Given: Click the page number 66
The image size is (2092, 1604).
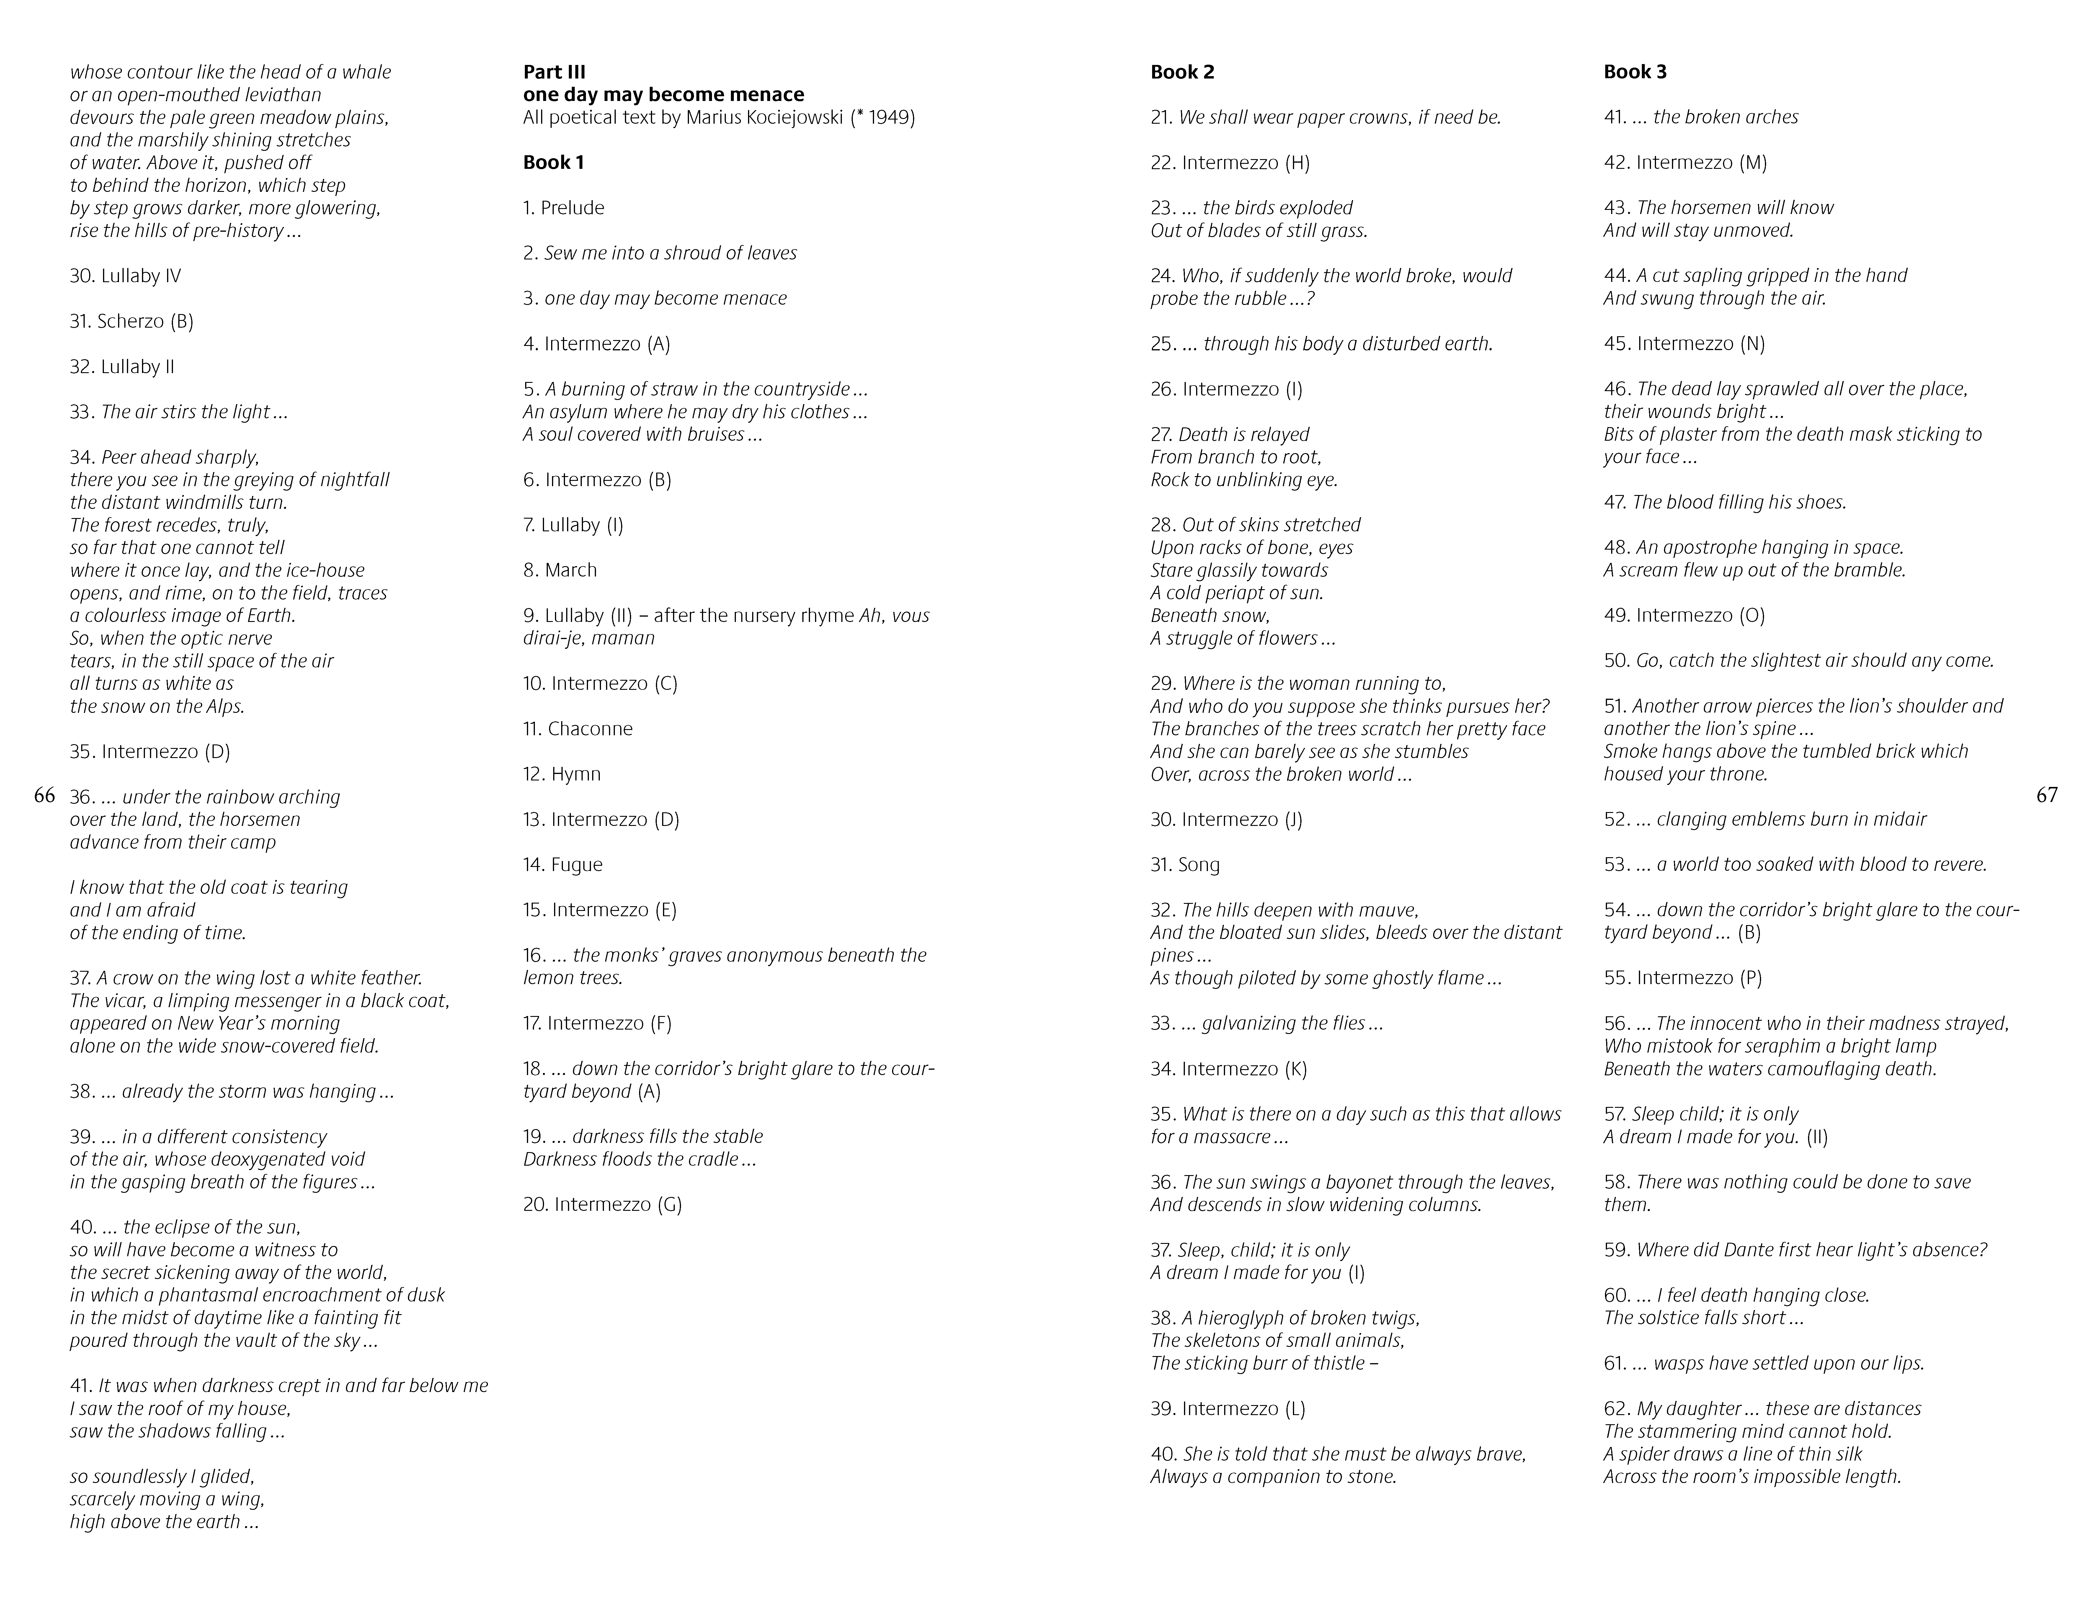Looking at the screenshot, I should click(44, 795).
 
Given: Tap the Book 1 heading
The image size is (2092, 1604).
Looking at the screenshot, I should click(554, 162).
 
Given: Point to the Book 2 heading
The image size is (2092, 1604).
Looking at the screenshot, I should click(1182, 72).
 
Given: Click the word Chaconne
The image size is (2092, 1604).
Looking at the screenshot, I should click(590, 729).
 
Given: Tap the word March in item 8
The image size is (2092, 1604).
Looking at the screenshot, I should click(571, 570).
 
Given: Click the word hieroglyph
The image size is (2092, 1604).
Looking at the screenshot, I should click(1237, 1318).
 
